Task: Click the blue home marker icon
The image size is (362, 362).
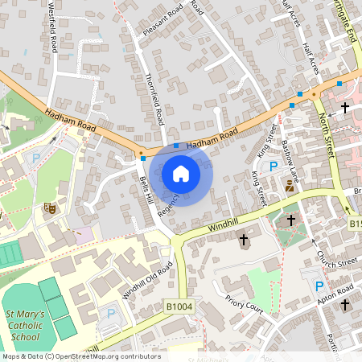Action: pos(180,173)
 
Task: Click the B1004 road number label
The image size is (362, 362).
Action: pos(180,306)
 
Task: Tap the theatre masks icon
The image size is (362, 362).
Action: pos(49,208)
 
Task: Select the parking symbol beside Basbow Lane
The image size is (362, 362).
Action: pos(274,167)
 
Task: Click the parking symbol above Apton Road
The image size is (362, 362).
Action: pos(319,286)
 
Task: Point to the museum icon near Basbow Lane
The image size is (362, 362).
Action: pos(290,186)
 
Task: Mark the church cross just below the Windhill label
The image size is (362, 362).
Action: pos(244,240)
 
